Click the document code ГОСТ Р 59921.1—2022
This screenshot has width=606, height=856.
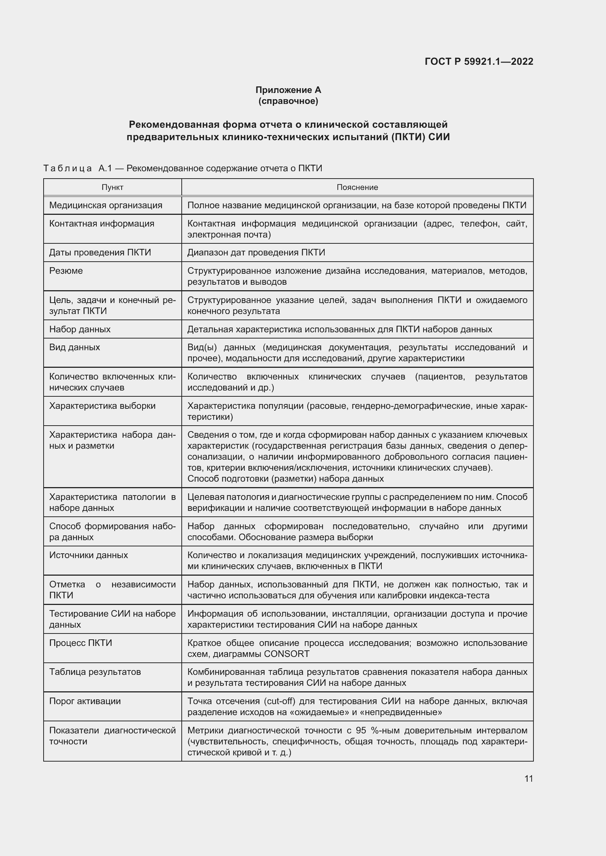tap(479, 61)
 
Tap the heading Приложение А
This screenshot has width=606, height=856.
tap(288, 90)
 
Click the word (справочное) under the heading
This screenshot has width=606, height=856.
tap(288, 101)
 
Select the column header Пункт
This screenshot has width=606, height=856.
tap(112, 187)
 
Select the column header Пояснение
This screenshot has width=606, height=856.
tap(357, 187)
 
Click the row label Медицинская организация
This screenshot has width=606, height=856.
tap(106, 205)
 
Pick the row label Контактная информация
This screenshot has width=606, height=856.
tap(101, 223)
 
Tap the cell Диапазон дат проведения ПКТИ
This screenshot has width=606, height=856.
tap(256, 253)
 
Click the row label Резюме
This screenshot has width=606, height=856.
tap(66, 271)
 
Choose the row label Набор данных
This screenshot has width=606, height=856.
tap(80, 329)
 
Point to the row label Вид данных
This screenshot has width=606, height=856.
tap(75, 347)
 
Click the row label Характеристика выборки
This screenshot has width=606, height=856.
tap(102, 405)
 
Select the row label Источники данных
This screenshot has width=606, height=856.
tap(88, 555)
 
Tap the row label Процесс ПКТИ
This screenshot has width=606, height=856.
tap(81, 643)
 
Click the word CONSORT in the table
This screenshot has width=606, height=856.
tap(287, 654)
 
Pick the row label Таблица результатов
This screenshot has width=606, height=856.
tap(95, 672)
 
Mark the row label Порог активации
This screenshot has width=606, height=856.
tap(85, 701)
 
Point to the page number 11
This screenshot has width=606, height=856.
tap(528, 778)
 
